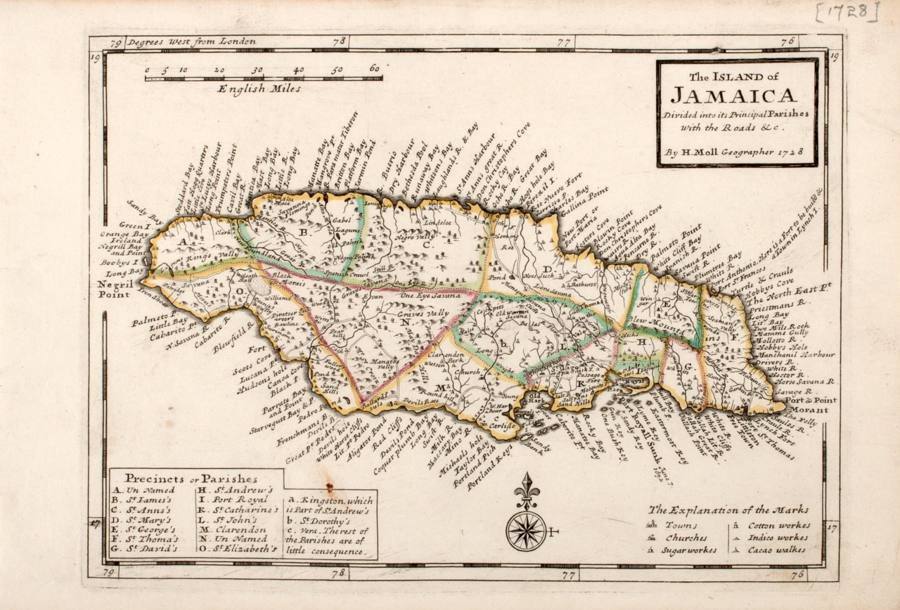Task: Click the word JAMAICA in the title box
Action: coord(734,96)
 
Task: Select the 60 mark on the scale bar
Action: coord(374,69)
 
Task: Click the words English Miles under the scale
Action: coord(259,88)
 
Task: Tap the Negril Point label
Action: coord(114,289)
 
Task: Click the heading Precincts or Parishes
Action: coord(191,478)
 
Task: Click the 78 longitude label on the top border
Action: coord(338,41)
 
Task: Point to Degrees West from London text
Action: coord(192,42)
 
